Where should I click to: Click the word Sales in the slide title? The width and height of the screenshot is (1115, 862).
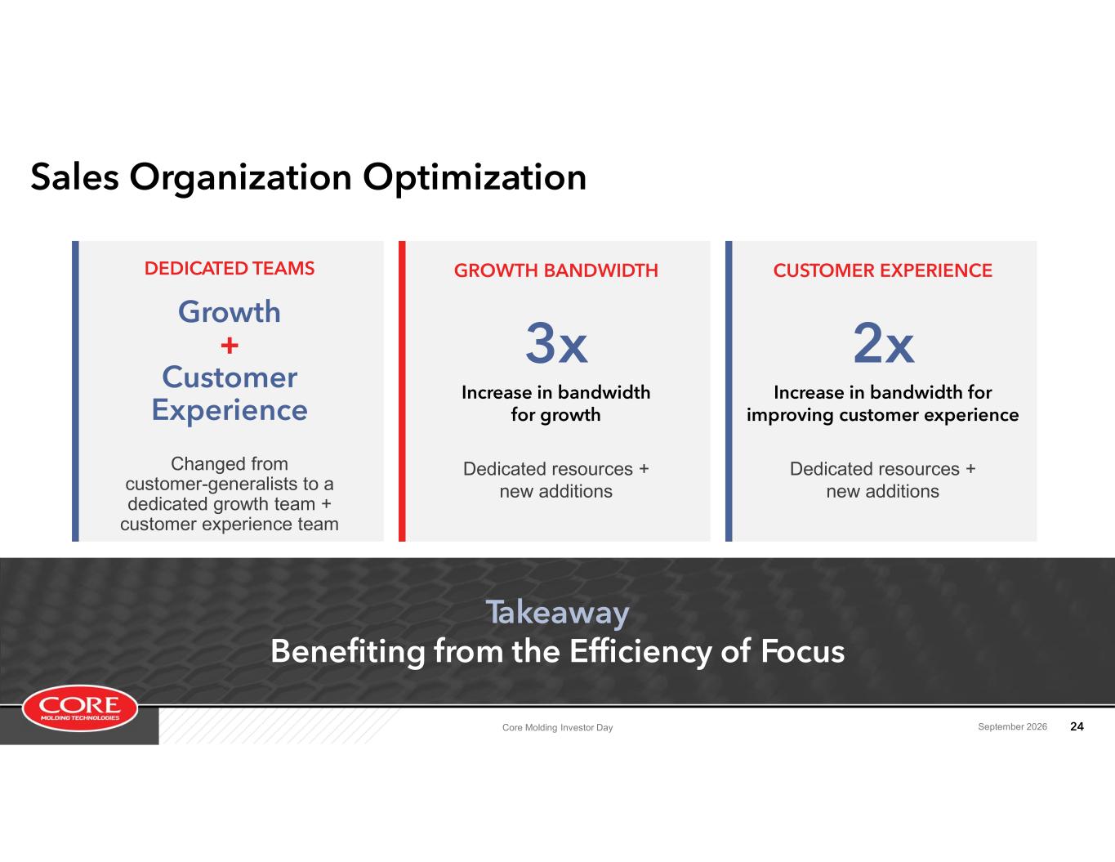[75, 177]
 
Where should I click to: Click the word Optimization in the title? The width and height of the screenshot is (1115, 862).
[475, 179]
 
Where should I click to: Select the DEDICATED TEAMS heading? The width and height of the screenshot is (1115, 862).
[230, 268]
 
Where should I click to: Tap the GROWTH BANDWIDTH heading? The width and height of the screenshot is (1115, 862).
[555, 270]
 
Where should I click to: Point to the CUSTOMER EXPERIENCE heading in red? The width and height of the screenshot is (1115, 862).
[882, 270]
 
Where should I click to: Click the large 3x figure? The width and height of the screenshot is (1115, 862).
[556, 343]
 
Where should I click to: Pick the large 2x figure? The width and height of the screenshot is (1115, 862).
[883, 343]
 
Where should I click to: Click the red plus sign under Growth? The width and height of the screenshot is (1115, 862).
[230, 346]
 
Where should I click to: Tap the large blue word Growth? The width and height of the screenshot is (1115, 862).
[230, 311]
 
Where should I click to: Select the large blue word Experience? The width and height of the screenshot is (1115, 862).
[230, 411]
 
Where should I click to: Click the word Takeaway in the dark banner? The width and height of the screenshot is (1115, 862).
[557, 613]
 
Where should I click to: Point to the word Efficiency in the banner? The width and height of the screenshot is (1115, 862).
[641, 652]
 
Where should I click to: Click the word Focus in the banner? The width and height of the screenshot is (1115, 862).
[802, 651]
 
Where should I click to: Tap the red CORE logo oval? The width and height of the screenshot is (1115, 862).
[80, 708]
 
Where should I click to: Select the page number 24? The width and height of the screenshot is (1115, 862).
[1077, 726]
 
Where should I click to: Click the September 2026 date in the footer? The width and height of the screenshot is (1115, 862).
[1012, 726]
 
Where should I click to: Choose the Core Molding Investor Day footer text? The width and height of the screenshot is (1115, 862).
[557, 727]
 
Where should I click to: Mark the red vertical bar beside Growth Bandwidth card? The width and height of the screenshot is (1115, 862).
[402, 391]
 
